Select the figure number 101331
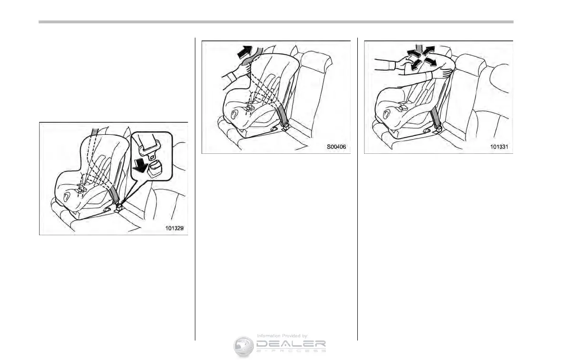click(x=499, y=147)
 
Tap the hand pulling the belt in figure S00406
click(x=241, y=71)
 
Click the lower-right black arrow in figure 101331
click(x=432, y=62)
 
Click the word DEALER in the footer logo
click(x=291, y=344)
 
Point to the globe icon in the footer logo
click(x=244, y=346)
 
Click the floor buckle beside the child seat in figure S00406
click(x=285, y=127)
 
